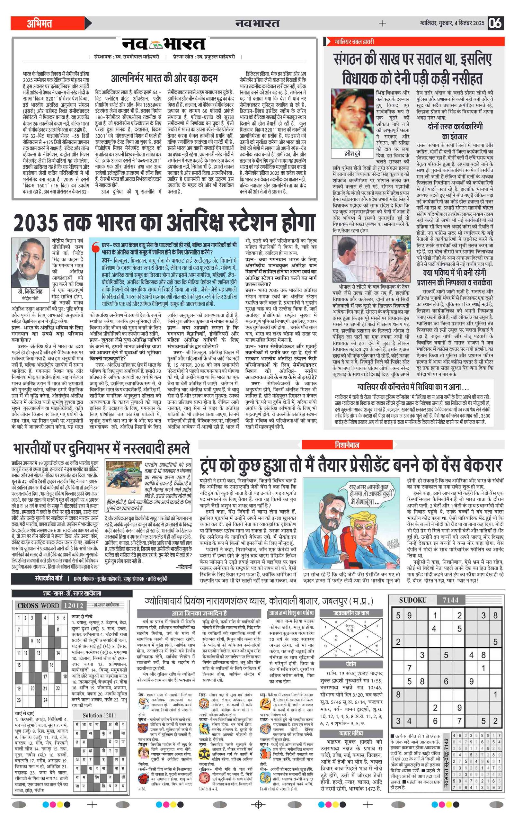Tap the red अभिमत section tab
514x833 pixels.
point(40,23)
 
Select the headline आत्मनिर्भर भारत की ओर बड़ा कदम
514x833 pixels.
point(164,78)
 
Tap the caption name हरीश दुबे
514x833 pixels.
point(352,154)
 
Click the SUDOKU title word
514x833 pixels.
point(412,600)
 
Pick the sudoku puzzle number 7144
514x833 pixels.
point(450,600)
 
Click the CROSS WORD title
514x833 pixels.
point(38,605)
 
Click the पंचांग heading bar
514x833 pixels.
point(351,664)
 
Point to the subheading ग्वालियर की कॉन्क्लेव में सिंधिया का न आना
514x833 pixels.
point(413,387)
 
